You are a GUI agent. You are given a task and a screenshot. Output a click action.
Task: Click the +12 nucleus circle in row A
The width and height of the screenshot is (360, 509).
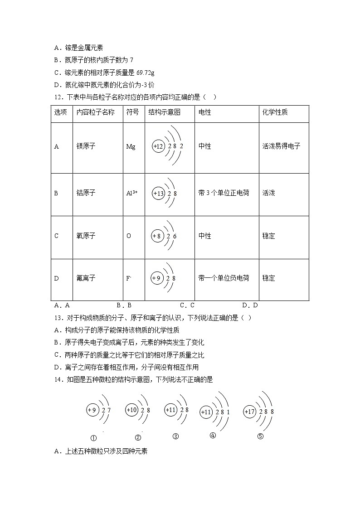[x=158, y=146]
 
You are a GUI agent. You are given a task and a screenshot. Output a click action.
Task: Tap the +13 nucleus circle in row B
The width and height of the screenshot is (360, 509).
[x=158, y=194]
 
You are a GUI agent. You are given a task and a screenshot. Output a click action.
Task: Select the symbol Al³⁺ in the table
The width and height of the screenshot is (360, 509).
[x=131, y=193]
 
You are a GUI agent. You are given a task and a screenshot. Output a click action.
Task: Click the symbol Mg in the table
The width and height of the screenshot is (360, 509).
[x=131, y=146]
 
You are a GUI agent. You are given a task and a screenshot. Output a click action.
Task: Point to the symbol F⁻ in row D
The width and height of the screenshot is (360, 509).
[x=128, y=278]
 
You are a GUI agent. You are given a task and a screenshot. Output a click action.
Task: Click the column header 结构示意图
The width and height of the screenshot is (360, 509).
[x=164, y=112]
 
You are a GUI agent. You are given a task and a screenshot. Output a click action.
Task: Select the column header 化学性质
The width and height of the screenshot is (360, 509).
[x=275, y=112]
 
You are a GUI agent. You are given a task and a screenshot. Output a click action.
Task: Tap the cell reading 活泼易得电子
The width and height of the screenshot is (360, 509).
[x=281, y=146]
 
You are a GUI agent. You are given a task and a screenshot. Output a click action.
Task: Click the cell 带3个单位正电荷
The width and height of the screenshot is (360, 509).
[x=224, y=193]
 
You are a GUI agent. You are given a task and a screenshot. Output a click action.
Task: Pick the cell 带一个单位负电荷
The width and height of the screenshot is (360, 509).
[x=224, y=278]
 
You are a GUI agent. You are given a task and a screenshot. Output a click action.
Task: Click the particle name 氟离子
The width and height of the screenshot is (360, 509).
[x=86, y=278]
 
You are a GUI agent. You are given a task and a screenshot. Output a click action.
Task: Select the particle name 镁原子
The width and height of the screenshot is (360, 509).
[x=86, y=146]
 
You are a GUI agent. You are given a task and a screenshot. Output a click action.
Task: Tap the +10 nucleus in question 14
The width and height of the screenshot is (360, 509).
[x=131, y=410]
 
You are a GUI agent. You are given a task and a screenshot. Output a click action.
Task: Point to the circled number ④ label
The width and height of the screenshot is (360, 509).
[x=213, y=436]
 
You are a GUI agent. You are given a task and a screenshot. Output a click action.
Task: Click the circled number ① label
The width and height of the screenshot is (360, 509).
[x=93, y=438]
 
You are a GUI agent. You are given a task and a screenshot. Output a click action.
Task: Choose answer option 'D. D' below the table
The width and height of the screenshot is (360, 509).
[x=249, y=305]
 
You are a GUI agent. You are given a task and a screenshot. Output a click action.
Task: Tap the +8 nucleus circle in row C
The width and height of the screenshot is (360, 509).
[x=157, y=236]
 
